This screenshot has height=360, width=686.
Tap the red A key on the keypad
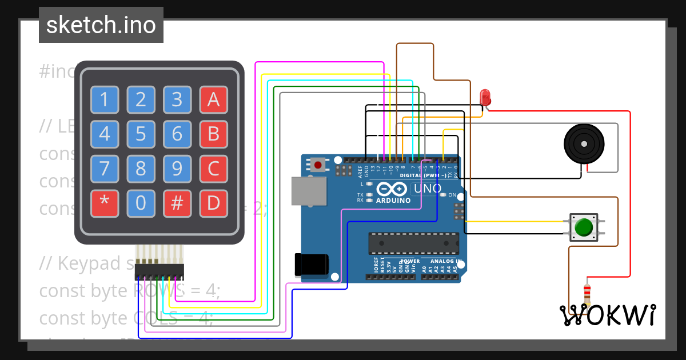[x=213, y=100]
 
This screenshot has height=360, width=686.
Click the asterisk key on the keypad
[x=105, y=203]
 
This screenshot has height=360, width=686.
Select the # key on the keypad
[x=177, y=203]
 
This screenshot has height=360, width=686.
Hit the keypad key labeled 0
[x=141, y=203]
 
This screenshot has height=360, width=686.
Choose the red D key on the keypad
[x=213, y=203]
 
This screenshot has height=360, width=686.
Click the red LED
[x=485, y=97]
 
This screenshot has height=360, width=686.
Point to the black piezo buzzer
[x=584, y=143]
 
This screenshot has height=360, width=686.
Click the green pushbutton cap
[x=583, y=227]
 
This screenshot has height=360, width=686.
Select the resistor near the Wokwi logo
[x=587, y=294]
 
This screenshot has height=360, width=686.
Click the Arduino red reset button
[x=318, y=166]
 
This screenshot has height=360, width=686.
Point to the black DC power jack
[x=310, y=264]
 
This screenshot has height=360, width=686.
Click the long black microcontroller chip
[x=413, y=243]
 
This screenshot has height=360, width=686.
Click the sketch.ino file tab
[x=101, y=25]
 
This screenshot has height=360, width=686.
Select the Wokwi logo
[x=607, y=315]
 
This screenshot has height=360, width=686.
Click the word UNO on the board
[x=428, y=189]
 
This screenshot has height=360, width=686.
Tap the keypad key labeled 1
[x=105, y=100]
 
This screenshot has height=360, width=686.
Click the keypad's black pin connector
[x=159, y=271]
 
